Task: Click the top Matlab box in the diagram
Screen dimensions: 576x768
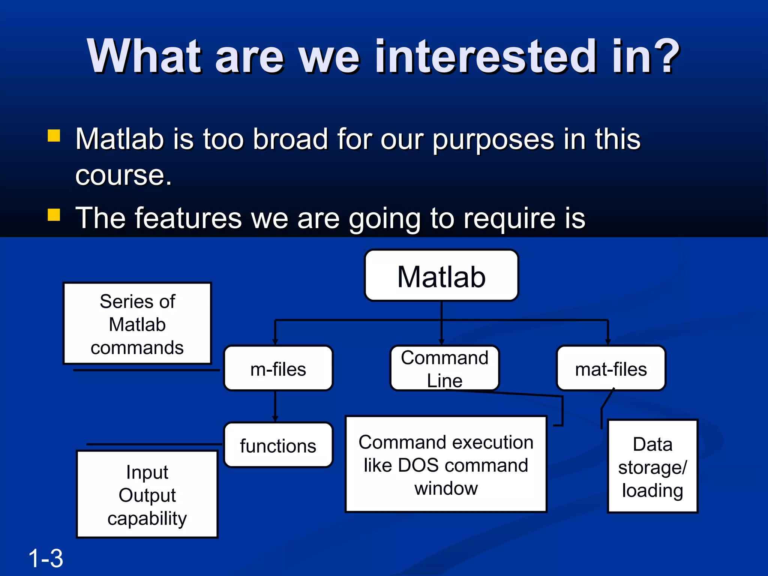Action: point(441,276)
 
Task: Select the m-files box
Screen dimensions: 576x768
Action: point(278,368)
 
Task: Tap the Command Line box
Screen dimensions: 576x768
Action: point(444,368)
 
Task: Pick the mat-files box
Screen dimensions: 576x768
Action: point(611,368)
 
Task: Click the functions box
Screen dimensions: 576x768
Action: point(278,445)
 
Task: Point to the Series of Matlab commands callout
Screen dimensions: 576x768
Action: point(137,323)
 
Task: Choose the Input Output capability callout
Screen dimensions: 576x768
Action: point(147,494)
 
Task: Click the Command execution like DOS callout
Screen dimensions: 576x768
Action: point(446,464)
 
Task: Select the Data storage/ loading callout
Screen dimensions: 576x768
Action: point(652,466)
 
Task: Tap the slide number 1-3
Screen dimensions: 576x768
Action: point(45,558)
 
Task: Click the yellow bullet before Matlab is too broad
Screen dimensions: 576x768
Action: point(54,135)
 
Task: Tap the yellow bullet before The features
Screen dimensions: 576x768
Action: point(54,215)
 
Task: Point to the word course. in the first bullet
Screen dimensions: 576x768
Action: point(123,175)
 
